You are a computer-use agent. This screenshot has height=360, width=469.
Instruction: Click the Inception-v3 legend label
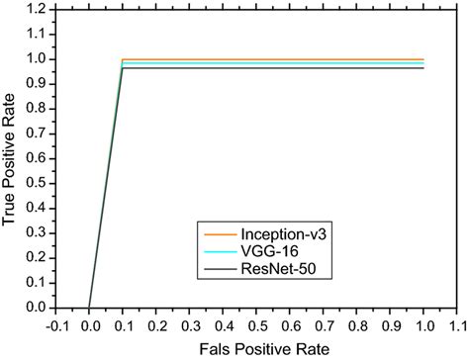[x=278, y=233]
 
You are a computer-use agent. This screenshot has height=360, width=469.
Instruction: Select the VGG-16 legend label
[x=266, y=251]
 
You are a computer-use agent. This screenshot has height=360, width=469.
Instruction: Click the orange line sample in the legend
[x=219, y=233]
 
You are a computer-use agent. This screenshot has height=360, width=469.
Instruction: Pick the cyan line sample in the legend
[x=219, y=251]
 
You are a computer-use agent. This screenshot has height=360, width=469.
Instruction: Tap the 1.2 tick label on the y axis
[x=36, y=8]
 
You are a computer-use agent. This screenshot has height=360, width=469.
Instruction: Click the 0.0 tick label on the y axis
[x=36, y=308]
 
